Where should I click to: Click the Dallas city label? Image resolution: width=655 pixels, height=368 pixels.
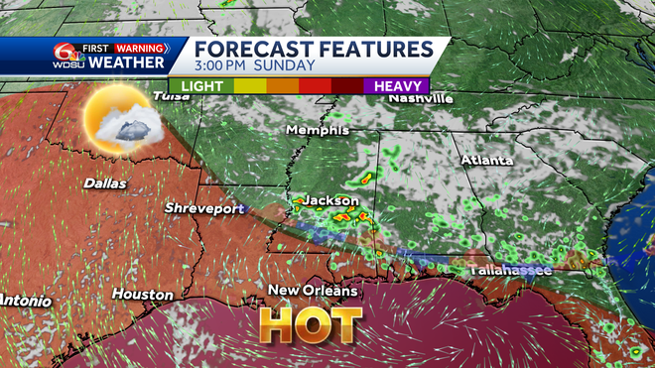click(x=105, y=183)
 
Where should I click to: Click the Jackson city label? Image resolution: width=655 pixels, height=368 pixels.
click(x=329, y=200)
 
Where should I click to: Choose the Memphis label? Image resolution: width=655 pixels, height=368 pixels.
click(x=318, y=130)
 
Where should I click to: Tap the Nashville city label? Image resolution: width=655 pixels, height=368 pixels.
click(x=421, y=98)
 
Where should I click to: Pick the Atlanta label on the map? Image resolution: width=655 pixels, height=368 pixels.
click(x=486, y=160)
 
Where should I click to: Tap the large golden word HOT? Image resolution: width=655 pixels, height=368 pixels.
click(x=310, y=324)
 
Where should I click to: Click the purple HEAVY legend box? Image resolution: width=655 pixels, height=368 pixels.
click(x=395, y=86)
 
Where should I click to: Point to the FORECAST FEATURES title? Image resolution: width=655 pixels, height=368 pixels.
click(x=313, y=50)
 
